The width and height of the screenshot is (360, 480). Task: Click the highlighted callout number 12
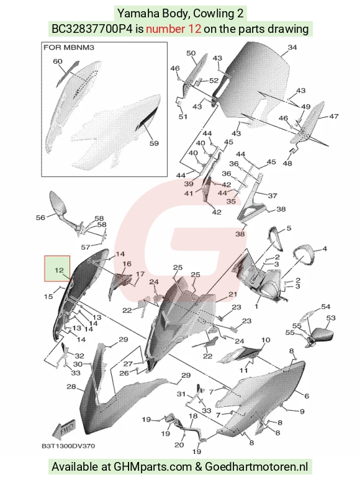point(59,270)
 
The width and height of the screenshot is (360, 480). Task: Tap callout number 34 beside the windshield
point(292,47)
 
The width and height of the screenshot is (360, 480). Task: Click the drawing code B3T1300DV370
point(68,446)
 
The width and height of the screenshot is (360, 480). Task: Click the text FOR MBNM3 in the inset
point(69,48)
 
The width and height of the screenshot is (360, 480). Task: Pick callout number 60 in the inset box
point(58,61)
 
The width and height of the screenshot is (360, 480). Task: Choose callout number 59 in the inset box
point(154,143)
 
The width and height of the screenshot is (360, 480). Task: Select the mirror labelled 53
point(321,337)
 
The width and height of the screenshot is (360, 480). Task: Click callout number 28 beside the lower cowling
point(71,386)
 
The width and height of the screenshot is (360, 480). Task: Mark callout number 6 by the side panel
point(307,396)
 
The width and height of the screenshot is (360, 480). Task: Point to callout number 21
point(233,294)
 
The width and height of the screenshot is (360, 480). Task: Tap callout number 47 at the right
point(334,117)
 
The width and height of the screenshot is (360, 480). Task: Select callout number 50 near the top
point(191,53)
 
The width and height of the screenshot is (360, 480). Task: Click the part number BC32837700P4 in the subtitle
point(92,29)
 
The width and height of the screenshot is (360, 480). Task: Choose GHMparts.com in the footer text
point(153,467)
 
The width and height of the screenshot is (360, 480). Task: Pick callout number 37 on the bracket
point(272,195)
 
